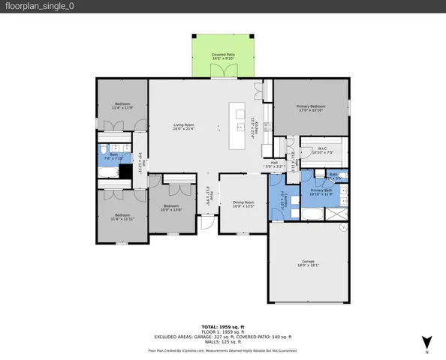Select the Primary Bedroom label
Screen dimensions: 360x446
pos(311,109)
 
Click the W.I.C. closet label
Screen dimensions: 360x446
pos(321,150)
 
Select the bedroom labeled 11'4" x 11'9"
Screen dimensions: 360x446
pos(122,106)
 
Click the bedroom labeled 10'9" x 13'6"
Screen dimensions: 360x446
pos(171,208)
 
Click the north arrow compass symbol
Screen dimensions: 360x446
pos(426,340)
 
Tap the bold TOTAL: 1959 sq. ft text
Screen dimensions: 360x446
pos(223,326)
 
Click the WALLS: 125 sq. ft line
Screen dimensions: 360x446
pos(223,342)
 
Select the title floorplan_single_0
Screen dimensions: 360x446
pos(35,6)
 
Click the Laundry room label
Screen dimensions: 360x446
pos(286,199)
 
